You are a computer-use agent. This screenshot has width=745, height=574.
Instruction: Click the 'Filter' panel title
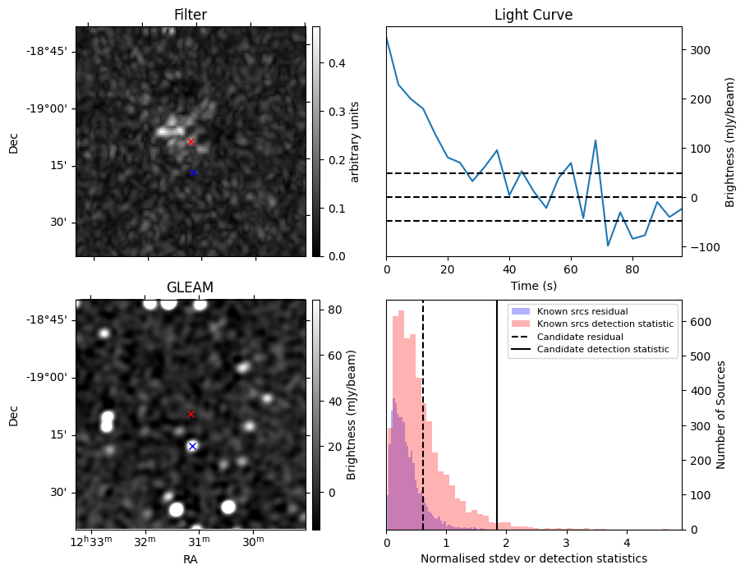tap(191, 16)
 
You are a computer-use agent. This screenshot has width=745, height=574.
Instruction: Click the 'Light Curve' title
tap(533, 16)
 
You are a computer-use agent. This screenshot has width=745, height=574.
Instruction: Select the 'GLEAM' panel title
tap(190, 287)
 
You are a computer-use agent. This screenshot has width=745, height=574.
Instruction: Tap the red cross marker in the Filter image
tap(191, 142)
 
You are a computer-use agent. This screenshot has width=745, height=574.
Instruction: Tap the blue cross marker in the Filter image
tap(193, 172)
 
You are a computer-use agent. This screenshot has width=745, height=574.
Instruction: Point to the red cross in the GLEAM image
tap(191, 415)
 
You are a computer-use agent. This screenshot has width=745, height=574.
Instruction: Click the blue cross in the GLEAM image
tap(192, 446)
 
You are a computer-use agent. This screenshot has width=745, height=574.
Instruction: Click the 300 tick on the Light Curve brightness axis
tap(699, 50)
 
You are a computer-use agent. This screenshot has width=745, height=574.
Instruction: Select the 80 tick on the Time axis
tap(632, 269)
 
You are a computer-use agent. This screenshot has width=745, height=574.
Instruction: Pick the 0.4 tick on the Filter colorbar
tap(326, 63)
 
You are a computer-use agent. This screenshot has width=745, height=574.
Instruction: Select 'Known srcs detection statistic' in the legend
tap(605, 324)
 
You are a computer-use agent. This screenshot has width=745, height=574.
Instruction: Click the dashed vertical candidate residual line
tap(423, 411)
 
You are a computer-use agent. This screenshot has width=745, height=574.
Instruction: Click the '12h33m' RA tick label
tap(92, 541)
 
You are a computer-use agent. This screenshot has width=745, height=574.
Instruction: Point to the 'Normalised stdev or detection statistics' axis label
tap(533, 558)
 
